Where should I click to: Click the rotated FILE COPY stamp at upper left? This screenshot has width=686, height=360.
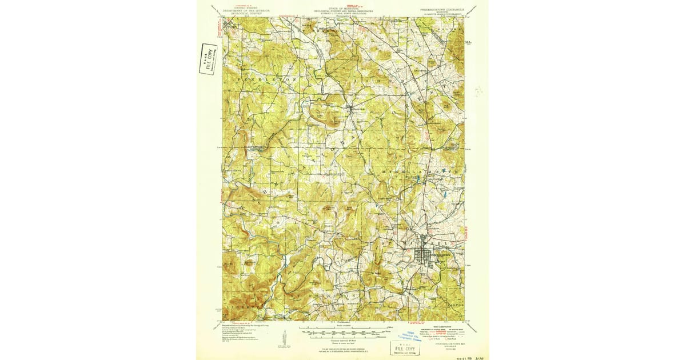[208, 59]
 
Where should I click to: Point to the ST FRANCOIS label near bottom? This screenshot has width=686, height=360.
[337, 295]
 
